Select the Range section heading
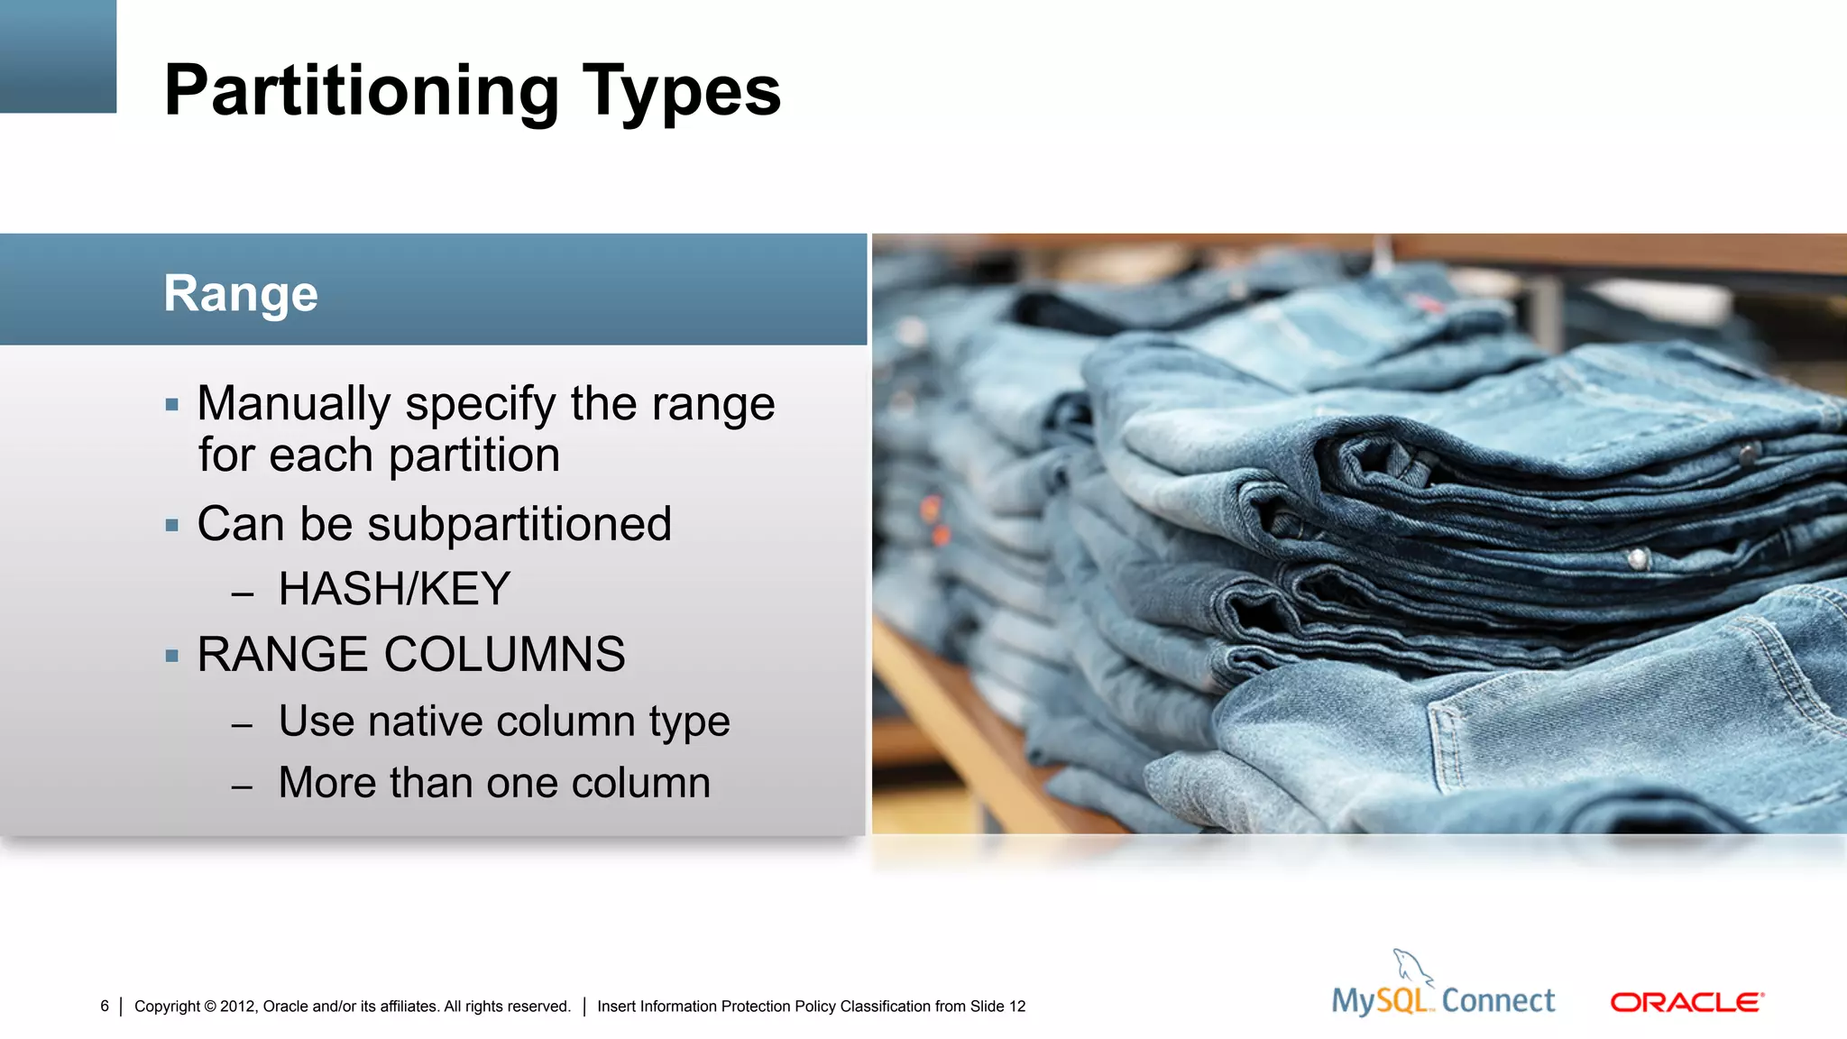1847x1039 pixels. coord(241,293)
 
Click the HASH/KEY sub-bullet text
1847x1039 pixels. coord(394,589)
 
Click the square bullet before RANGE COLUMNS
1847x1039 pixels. coord(172,656)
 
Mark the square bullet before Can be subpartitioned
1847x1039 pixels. coord(172,525)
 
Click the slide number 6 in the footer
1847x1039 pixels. coord(105,1006)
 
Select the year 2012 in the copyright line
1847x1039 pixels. coord(237,1006)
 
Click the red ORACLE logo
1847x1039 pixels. coord(1686,1002)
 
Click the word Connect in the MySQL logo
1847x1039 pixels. coord(1498,1000)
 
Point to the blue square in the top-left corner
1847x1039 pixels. coord(58,56)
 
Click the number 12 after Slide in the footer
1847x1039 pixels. coord(1017,1006)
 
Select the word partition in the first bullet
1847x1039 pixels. coord(474,455)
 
